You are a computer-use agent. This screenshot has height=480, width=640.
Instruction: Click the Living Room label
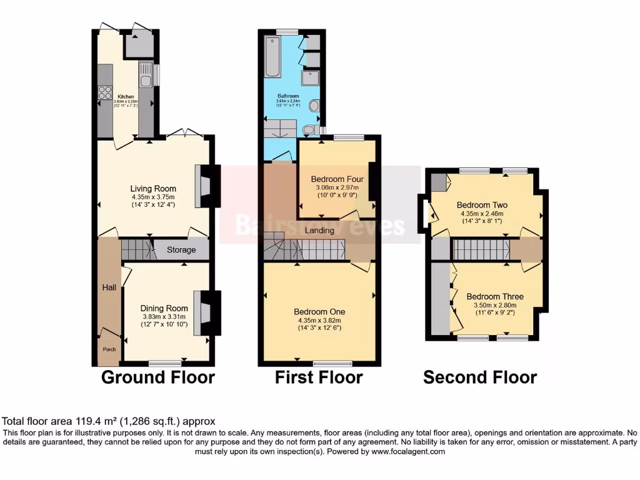(153, 189)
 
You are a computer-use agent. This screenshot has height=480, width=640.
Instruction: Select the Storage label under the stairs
(181, 250)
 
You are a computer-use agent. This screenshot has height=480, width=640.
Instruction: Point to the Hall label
(109, 287)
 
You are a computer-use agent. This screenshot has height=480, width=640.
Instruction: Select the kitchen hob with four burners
(104, 95)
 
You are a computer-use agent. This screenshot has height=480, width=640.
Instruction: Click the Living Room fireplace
(205, 186)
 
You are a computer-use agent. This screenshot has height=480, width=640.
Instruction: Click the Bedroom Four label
(337, 179)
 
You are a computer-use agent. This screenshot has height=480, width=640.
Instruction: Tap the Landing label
(319, 231)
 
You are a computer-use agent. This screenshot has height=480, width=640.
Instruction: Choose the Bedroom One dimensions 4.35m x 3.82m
(319, 321)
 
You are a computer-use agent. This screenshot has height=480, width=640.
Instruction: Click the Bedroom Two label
(482, 205)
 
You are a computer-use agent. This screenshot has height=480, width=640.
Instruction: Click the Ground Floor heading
(157, 377)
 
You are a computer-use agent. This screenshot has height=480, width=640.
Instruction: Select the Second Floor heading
(479, 377)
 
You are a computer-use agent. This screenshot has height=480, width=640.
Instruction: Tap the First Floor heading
(319, 377)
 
